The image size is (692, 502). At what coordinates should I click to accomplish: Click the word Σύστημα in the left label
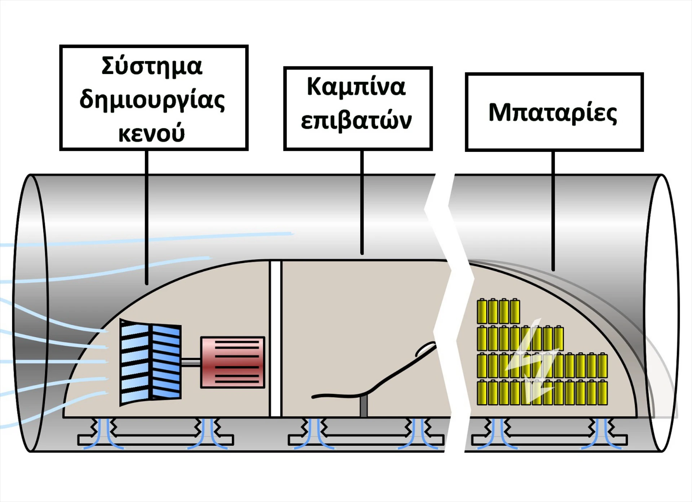152,67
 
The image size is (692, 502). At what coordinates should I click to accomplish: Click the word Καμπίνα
356,87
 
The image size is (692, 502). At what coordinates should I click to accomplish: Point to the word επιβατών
356,121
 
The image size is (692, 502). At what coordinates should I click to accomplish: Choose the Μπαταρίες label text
553,113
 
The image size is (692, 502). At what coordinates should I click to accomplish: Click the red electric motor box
233,362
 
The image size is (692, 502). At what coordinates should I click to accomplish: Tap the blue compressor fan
150,362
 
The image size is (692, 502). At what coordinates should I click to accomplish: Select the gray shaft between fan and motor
191,362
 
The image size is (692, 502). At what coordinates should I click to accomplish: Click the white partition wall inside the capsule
276,339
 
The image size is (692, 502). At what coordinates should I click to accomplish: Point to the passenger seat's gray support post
363,406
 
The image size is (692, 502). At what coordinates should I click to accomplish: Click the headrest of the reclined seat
426,349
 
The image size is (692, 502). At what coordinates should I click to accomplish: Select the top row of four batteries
498,311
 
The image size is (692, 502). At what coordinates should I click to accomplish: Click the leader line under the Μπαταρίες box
553,209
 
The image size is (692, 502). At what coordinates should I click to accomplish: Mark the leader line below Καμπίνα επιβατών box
362,202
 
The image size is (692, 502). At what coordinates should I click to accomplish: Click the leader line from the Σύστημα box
147,217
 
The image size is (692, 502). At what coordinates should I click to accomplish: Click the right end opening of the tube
662,312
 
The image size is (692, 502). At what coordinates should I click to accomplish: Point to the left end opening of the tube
31,312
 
